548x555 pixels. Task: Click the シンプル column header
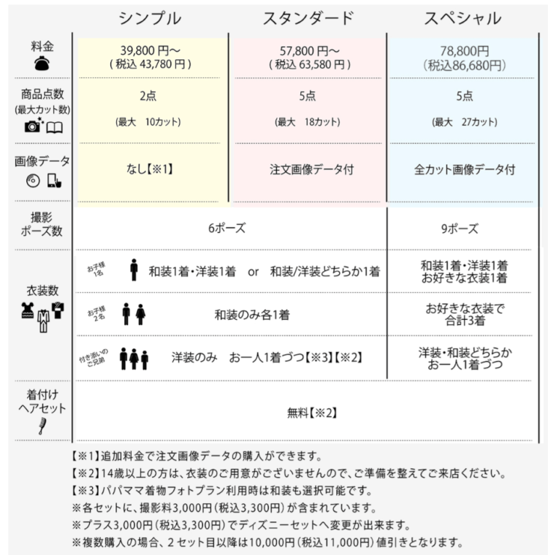151,18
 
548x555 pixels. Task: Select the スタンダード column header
308,18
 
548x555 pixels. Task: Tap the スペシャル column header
464,18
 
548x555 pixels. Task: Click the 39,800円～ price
151,50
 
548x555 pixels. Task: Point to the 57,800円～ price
309,50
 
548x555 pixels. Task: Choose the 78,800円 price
464,50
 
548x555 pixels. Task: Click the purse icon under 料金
42,64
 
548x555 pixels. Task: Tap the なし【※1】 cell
149,169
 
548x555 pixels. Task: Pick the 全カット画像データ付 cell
465,169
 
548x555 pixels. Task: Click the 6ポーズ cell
227,228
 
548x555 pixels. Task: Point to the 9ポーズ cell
460,228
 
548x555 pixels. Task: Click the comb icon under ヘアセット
42,426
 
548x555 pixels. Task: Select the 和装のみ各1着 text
251,315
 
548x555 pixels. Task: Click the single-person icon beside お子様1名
134,270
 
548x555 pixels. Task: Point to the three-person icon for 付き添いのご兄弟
134,358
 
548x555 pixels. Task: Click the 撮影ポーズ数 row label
41,224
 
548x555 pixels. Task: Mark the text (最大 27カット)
464,121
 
